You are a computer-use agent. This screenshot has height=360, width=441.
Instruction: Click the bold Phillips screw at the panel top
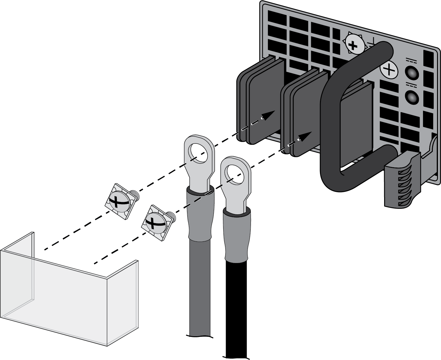[353, 46]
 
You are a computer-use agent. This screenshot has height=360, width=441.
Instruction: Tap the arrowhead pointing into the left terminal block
[268, 115]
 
